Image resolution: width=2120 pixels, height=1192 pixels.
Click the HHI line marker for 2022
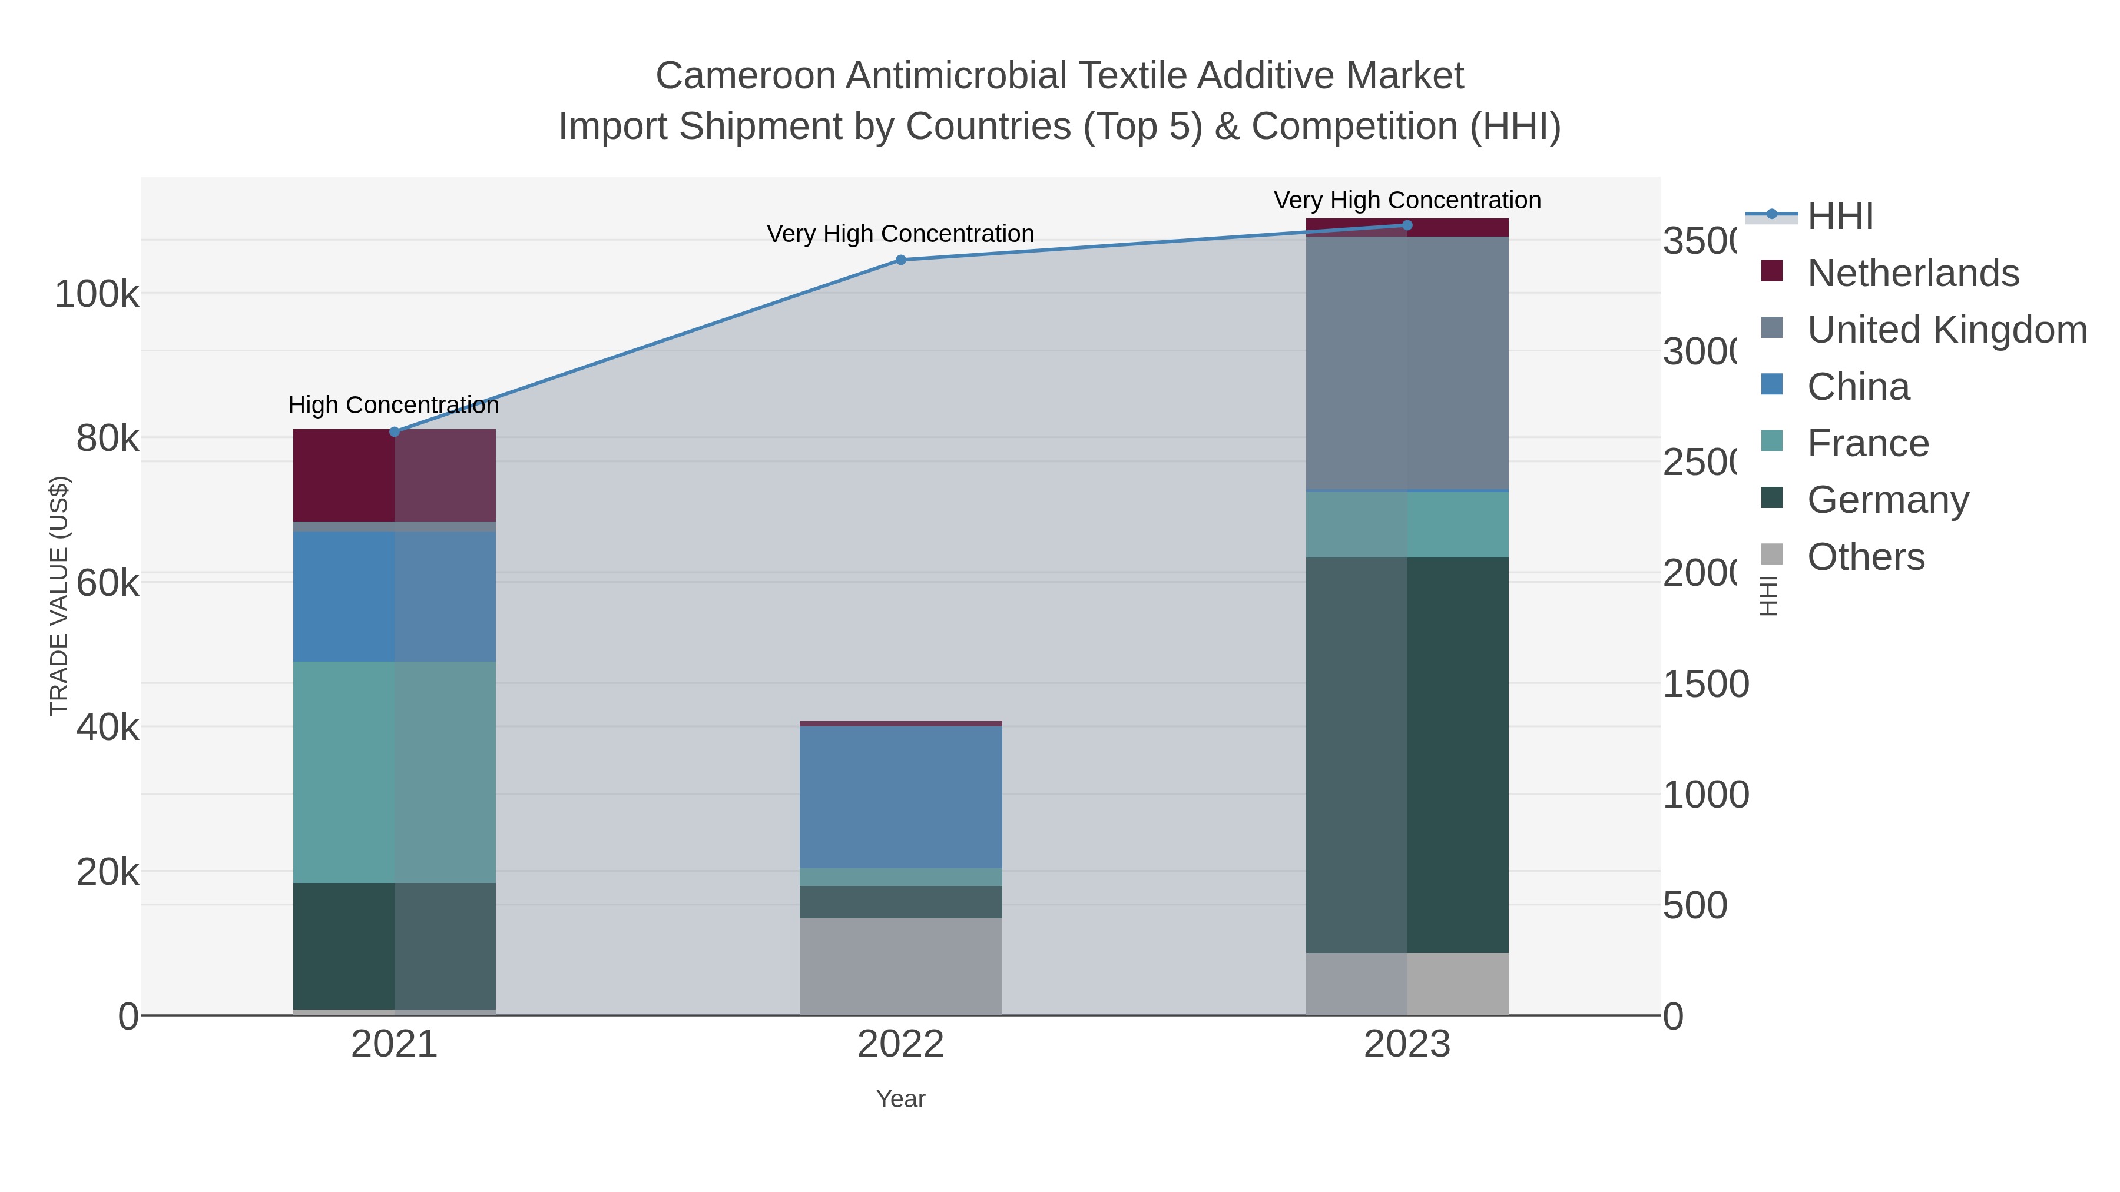[x=900, y=260]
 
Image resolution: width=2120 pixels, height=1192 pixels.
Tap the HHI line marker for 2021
[x=394, y=432]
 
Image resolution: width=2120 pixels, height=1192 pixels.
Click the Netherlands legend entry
[x=1913, y=273]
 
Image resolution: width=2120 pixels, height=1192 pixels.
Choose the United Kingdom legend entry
[x=1946, y=330]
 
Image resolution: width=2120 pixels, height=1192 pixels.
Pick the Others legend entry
[x=1866, y=557]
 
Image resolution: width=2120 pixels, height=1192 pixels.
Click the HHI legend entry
[x=1840, y=217]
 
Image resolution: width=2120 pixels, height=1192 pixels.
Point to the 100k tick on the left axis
[x=97, y=294]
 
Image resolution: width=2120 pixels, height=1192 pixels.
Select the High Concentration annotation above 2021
[x=393, y=405]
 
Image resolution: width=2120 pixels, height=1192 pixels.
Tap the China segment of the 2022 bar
[x=900, y=796]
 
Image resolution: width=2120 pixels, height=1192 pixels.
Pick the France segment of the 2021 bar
[x=394, y=772]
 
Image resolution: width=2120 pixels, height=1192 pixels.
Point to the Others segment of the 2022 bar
[x=900, y=966]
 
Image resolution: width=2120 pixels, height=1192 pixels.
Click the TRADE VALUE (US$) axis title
[x=59, y=596]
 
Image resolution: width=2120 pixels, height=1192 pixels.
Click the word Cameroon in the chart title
[x=745, y=76]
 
